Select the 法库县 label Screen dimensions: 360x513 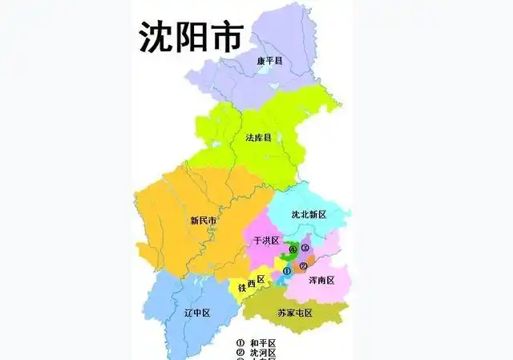(258, 138)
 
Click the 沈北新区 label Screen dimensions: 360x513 (309, 215)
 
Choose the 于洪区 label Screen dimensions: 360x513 (265, 241)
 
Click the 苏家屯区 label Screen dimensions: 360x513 (294, 312)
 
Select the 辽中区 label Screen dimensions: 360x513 (196, 312)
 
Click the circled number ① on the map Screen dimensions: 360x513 (287, 271)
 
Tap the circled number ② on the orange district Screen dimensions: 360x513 (303, 265)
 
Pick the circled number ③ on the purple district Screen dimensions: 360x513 (305, 249)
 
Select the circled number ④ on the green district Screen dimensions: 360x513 (293, 250)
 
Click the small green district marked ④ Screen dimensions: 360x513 (290, 245)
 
